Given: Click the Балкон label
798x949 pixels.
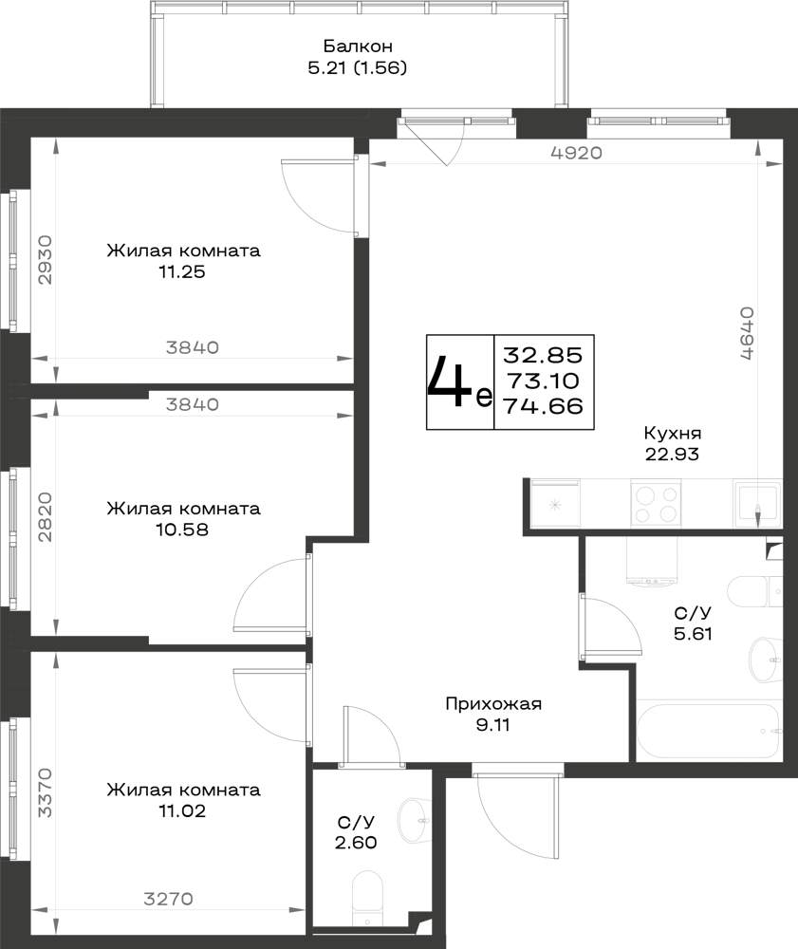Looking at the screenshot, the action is tap(358, 46).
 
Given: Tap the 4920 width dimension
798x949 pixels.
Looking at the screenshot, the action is tap(577, 153).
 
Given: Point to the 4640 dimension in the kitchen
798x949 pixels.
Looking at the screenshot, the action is tap(747, 333).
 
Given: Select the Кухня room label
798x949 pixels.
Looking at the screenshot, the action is tap(672, 434).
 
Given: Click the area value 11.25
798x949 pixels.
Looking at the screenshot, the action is tap(182, 271).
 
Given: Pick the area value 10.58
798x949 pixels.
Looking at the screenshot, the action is tap(182, 530).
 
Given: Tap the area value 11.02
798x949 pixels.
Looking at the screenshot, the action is tap(182, 810).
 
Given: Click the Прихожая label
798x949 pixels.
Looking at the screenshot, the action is tap(493, 704).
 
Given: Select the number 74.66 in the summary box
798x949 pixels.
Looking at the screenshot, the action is tap(544, 406).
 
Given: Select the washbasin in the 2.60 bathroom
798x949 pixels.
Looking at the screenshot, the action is tap(414, 820).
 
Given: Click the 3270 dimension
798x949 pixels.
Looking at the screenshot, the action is tap(168, 899).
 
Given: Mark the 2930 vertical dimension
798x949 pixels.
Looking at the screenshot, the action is tap(46, 260).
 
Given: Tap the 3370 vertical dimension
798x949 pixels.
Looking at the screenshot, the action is tap(46, 792).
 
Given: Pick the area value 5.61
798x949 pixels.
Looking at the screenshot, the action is tap(693, 634).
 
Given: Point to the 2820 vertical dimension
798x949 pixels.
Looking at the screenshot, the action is tap(46, 517).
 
